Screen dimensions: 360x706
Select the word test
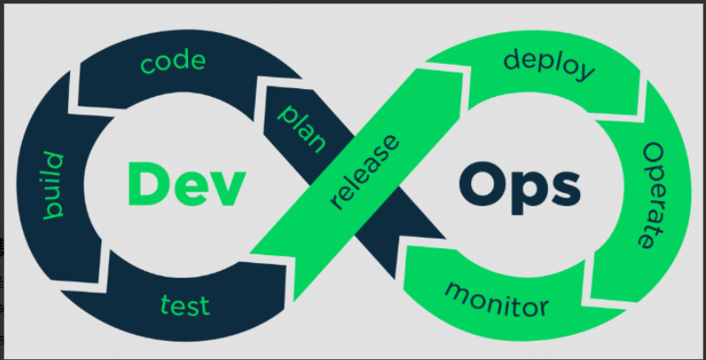click(185, 305)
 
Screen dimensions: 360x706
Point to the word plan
click(301, 127)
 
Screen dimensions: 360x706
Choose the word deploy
click(550, 62)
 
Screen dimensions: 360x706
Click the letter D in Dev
click(145, 184)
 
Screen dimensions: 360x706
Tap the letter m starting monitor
click(456, 290)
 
